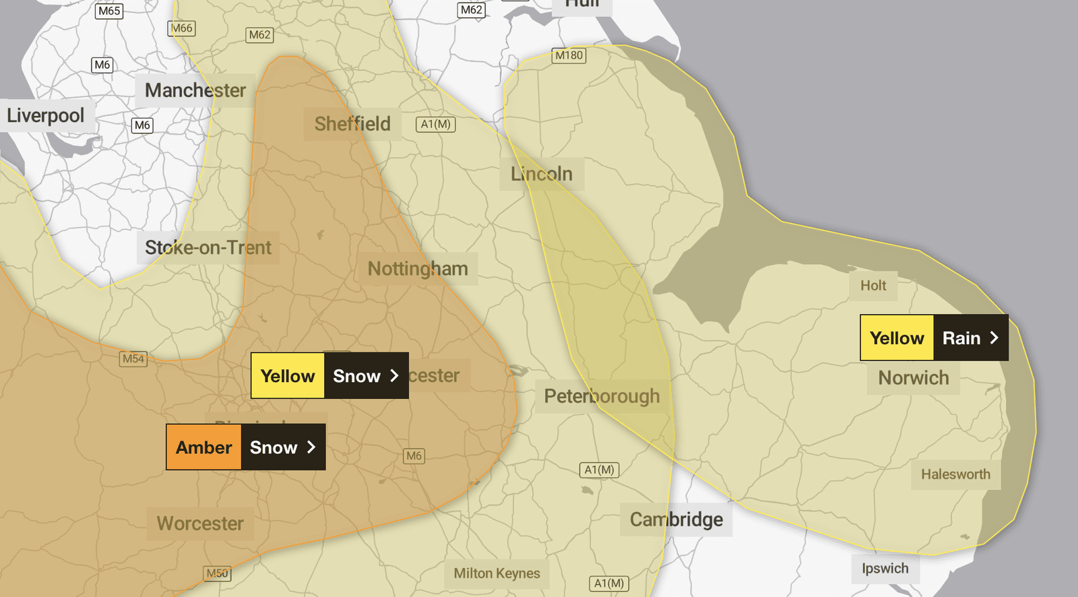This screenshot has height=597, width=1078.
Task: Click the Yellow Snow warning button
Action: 329,375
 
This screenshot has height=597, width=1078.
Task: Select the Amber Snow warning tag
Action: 246,447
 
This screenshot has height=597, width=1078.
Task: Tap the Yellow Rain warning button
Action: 934,338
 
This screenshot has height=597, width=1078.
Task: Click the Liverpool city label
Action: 46,115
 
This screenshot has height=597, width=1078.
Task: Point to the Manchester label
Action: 195,90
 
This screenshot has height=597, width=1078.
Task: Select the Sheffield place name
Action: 352,124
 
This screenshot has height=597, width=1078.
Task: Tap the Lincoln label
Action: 542,174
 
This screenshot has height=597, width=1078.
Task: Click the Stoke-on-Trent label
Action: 208,248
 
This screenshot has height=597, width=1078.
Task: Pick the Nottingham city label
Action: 418,269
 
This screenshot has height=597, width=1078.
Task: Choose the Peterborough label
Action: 602,396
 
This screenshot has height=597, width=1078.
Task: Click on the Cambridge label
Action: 676,520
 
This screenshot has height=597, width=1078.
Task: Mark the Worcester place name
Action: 200,524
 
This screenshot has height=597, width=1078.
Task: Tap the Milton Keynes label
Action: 497,573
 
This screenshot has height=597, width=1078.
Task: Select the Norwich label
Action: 914,378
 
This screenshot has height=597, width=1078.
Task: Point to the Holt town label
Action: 873,286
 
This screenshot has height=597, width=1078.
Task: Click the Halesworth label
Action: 955,474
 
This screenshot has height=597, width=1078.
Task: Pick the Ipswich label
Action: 885,569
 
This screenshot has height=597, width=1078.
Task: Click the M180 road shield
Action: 569,55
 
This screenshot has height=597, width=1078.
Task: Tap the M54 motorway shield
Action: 133,358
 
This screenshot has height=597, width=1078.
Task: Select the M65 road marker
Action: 109,11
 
